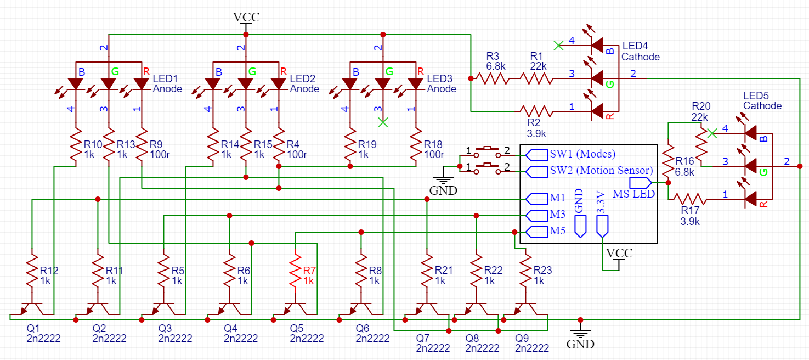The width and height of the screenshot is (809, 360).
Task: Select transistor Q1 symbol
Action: tap(32, 310)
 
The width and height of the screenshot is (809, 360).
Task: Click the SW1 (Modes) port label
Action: tap(582, 154)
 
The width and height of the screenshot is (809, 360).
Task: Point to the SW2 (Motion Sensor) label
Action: tap(601, 170)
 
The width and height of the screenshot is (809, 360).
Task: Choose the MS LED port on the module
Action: tap(640, 183)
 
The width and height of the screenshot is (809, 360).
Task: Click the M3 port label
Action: tap(557, 215)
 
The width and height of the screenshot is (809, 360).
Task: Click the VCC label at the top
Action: tap(246, 17)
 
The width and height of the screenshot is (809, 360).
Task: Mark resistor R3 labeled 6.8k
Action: tap(493, 78)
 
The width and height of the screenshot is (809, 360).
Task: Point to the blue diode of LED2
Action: tap(213, 83)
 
